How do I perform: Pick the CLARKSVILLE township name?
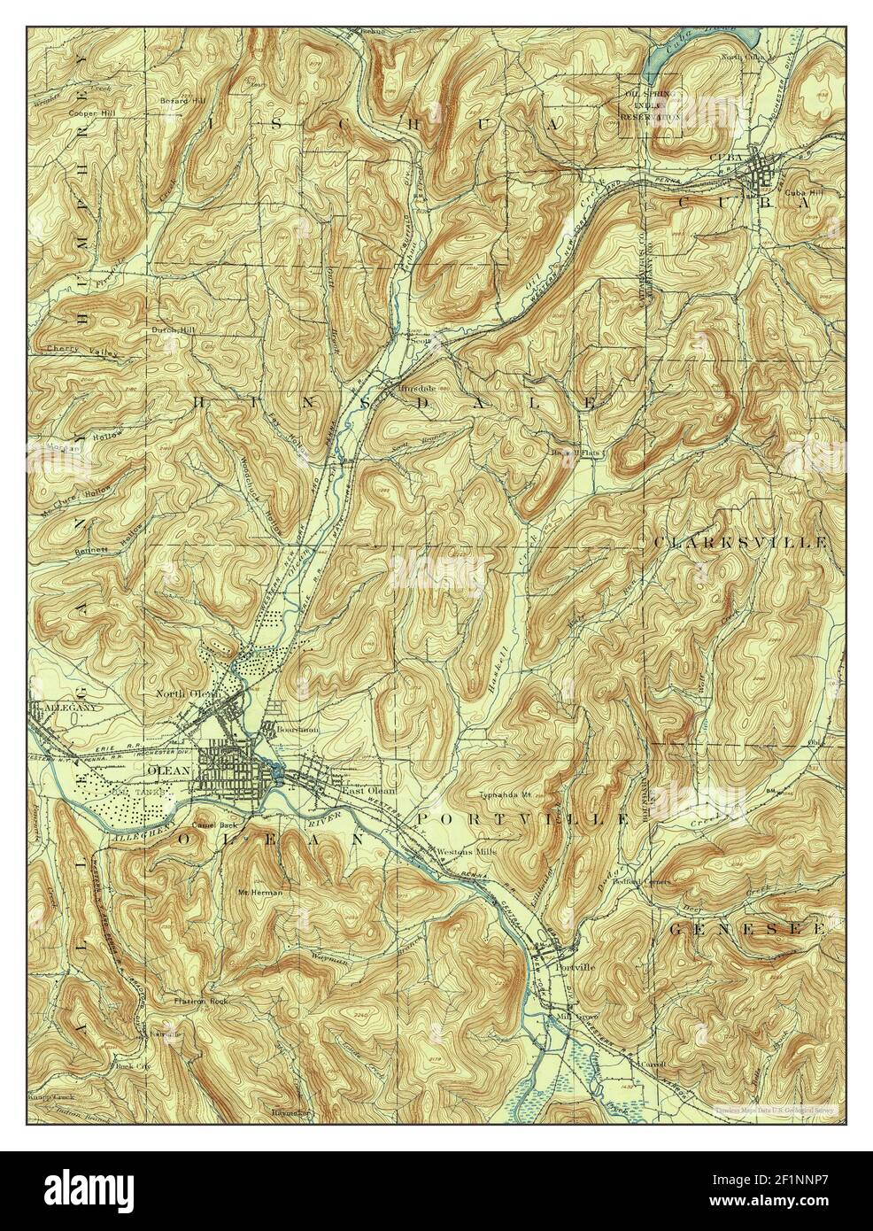[740, 541]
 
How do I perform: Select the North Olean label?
[187, 693]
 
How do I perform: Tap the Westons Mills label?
[467, 851]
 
